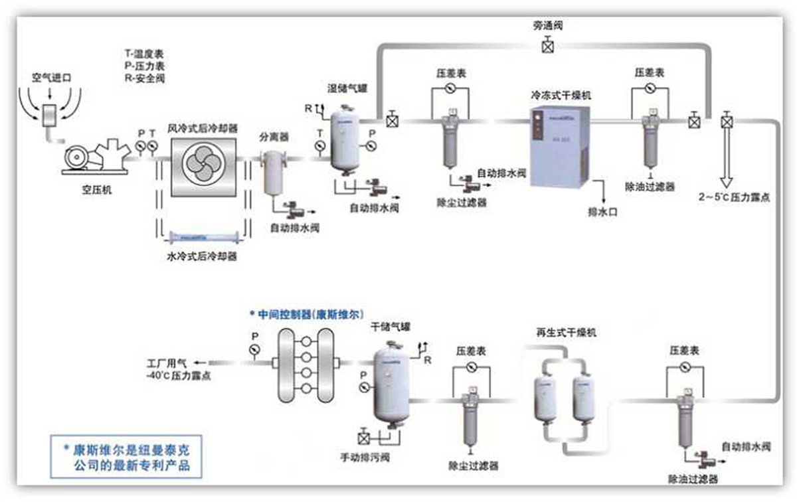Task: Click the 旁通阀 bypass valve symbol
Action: (x=548, y=46)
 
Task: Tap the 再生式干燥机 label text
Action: (x=566, y=332)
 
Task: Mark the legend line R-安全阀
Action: (x=144, y=78)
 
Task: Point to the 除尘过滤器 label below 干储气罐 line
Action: (x=474, y=465)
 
